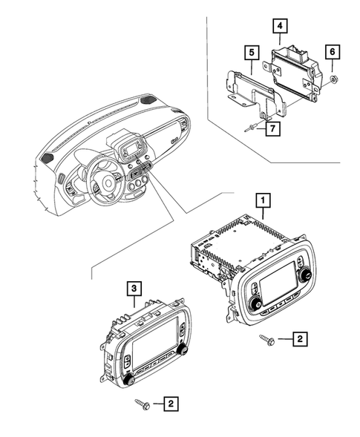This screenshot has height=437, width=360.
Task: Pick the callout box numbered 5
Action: (252, 53)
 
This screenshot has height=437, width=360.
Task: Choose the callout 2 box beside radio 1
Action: (299, 339)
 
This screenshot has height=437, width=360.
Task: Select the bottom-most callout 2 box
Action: (171, 404)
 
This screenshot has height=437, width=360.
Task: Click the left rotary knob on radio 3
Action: (128, 380)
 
